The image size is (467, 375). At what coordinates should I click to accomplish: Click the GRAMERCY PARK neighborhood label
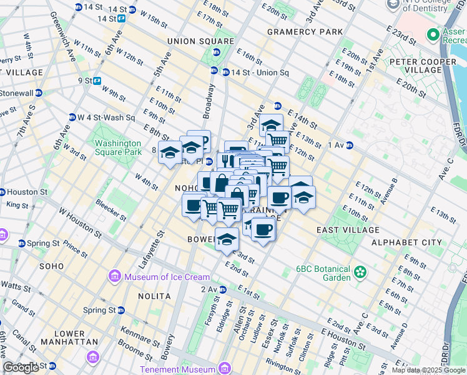[x=305, y=31]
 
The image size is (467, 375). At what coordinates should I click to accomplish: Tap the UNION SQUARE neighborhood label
[x=200, y=41]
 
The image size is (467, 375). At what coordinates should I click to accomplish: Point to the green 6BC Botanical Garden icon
[x=360, y=272]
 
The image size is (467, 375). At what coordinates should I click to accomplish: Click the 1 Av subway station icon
[x=350, y=145]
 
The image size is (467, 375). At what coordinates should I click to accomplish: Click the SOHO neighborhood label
[x=51, y=266]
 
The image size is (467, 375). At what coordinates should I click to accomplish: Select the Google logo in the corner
[x=21, y=367]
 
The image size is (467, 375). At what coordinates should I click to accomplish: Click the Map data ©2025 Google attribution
[x=428, y=370]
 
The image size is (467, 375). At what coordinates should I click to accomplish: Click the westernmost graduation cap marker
[x=170, y=152]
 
